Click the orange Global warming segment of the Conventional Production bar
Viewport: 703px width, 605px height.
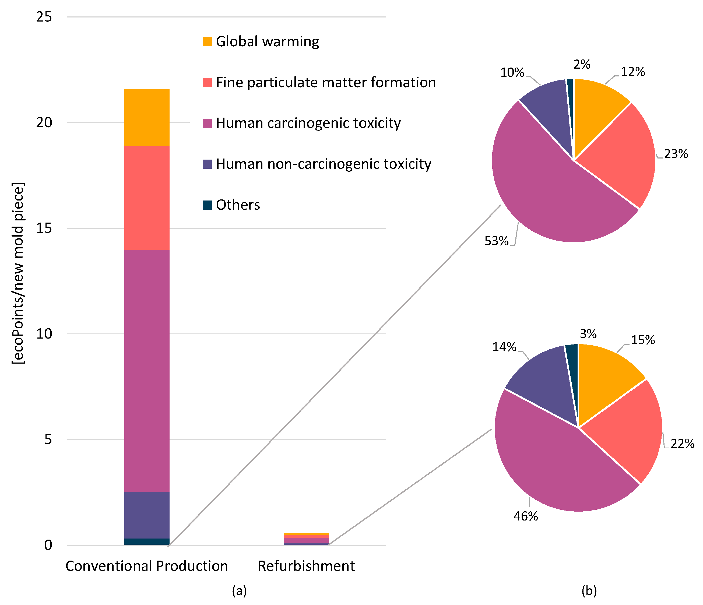tap(147, 118)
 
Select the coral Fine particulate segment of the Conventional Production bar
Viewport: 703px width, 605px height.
tap(147, 198)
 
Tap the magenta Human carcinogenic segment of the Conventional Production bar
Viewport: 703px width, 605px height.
tap(147, 371)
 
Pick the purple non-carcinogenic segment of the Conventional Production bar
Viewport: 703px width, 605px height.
tap(147, 515)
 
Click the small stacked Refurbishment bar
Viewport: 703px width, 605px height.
tap(306, 539)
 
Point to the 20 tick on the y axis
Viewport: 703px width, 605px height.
tap(44, 122)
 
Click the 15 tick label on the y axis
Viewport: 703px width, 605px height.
tap(44, 228)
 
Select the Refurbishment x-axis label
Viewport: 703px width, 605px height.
tap(306, 566)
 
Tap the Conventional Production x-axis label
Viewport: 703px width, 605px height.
tap(147, 566)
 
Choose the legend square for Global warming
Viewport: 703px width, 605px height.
tap(207, 42)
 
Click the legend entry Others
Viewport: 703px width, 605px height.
tap(237, 205)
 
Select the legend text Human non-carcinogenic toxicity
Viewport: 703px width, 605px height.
tap(323, 164)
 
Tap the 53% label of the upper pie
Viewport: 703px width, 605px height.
tap(496, 241)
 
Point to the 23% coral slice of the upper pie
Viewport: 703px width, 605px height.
tap(621, 153)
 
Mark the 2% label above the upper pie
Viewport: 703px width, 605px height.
tap(582, 65)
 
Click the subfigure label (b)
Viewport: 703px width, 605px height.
tap(589, 591)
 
